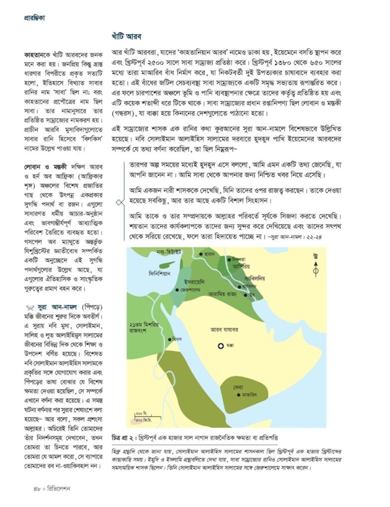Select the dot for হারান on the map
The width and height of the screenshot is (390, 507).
(201, 254)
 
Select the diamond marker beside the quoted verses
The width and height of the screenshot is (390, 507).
(119, 202)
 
